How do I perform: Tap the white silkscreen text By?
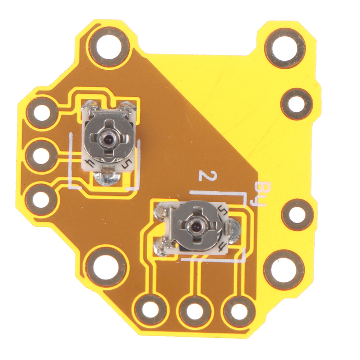[x=260, y=194]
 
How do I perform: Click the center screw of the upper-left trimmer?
[x=107, y=139]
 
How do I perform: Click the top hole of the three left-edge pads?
[x=41, y=112]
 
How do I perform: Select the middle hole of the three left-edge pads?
[x=41, y=156]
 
